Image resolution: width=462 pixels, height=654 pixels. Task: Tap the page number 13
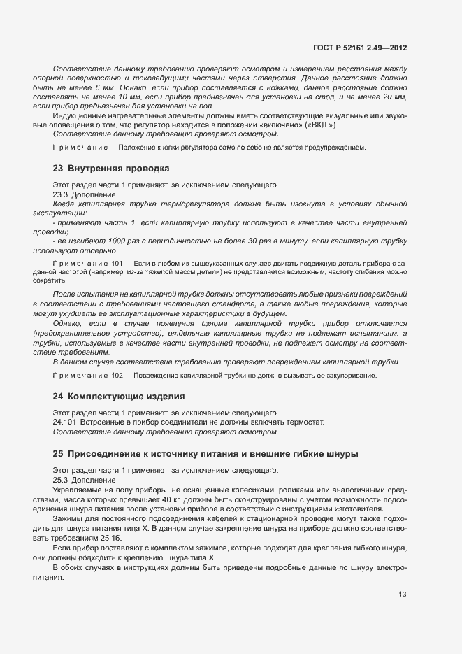point(403,595)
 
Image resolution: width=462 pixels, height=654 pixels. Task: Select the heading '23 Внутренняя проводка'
point(111,169)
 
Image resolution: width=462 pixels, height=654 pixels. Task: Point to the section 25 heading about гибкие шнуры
point(206,454)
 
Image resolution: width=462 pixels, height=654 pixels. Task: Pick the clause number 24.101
point(66,422)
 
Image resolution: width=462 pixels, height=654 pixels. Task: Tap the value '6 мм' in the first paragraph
point(92,89)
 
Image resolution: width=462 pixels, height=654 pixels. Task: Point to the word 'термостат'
point(305,422)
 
